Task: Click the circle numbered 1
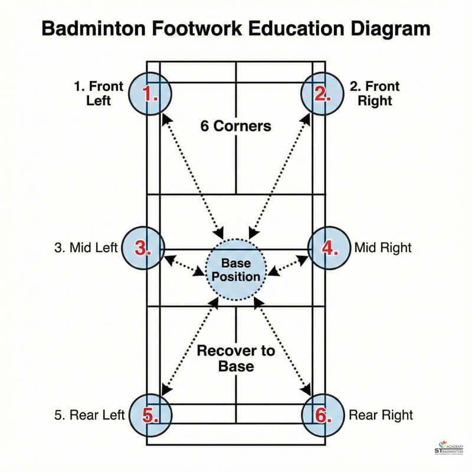click(x=150, y=94)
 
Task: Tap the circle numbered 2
click(x=322, y=94)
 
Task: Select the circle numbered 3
click(x=143, y=248)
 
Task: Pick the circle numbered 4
click(x=330, y=248)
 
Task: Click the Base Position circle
click(x=236, y=271)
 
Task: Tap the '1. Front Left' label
click(x=99, y=93)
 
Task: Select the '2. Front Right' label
click(x=375, y=93)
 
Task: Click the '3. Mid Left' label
click(x=86, y=248)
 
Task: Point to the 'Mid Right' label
click(x=383, y=248)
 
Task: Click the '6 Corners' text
click(x=235, y=126)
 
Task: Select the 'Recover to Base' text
click(x=235, y=358)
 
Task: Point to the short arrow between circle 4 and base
click(x=289, y=265)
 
